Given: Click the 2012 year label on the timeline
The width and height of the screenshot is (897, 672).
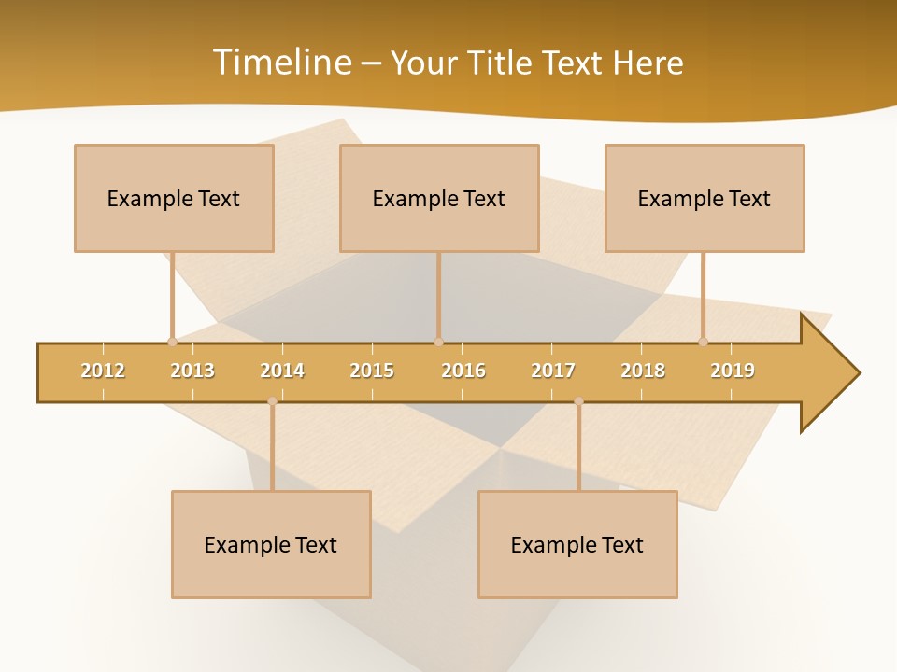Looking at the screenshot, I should coord(103,371).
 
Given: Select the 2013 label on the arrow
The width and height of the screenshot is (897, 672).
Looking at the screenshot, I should coord(192,371).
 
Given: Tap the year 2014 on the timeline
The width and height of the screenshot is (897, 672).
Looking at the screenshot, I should coord(282,371).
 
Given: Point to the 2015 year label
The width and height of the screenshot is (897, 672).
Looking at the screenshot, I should coord(372,371).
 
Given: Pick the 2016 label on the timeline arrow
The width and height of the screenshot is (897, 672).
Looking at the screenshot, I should coord(463,371).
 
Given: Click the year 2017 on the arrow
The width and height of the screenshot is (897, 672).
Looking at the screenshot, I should coord(553,371).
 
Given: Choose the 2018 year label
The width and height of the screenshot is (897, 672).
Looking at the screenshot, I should coord(643,371).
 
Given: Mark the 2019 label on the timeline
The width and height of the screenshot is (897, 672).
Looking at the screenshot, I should coord(733,371).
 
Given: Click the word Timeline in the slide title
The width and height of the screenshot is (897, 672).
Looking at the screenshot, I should coord(280,63).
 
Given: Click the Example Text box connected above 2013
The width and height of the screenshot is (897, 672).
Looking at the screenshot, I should coord(174,198).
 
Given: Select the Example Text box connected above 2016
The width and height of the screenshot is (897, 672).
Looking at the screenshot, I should coord(439,198).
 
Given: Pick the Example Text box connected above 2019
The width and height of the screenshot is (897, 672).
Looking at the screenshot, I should coord(705,198).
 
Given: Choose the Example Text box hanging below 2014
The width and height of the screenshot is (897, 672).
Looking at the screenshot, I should coord(271,544).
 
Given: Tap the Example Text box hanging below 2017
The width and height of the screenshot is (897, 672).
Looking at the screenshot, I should coord(577,544).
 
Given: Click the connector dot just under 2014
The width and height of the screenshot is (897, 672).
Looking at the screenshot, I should coord(272,401).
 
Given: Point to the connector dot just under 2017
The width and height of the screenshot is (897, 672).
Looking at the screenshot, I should coord(578,401).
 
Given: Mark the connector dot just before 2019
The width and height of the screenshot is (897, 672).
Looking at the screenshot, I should coord(704,342).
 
